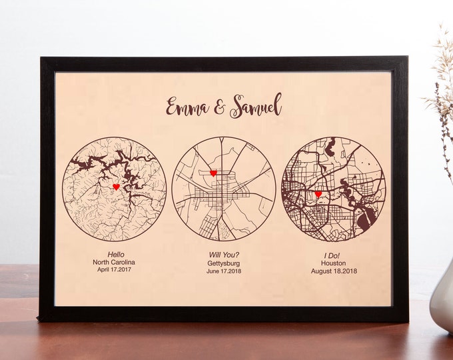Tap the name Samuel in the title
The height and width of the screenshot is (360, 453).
[256, 106]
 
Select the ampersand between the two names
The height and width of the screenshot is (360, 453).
[219, 106]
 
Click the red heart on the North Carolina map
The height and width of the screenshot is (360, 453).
[116, 187]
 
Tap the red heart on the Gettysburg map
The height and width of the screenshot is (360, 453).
[213, 173]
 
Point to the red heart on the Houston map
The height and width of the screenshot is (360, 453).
[318, 195]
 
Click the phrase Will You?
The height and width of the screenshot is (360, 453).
[223, 254]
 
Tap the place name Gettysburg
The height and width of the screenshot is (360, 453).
[223, 263]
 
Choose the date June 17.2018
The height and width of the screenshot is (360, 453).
[223, 271]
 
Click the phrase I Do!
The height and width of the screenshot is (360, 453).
[334, 254]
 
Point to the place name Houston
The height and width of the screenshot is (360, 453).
[334, 263]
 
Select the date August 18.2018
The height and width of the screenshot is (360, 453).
[334, 271]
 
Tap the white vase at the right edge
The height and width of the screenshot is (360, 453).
[442, 300]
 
